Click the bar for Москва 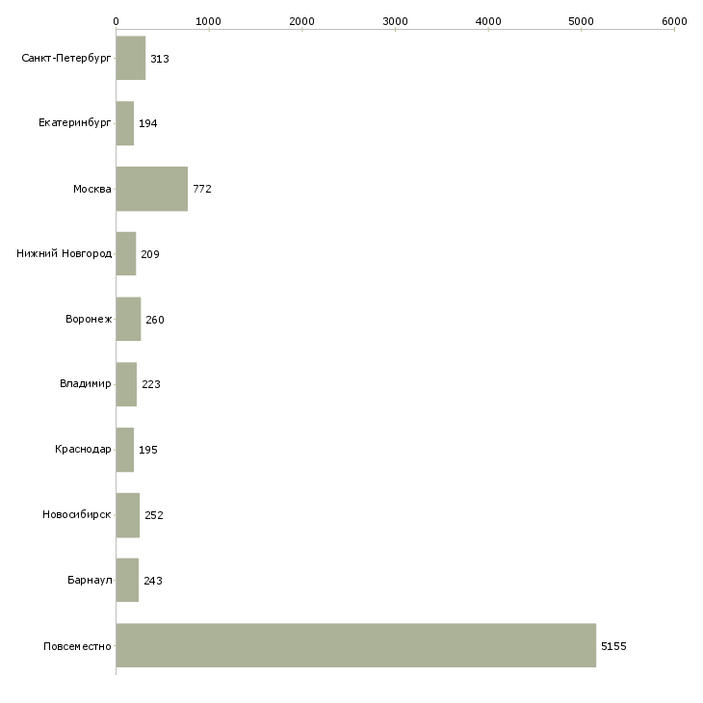tap(152, 189)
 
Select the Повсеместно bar tap(356, 645)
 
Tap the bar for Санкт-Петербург tap(131, 58)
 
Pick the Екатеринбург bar tap(125, 123)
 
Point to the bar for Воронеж tap(129, 319)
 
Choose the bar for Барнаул tap(127, 580)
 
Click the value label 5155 tap(613, 646)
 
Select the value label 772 tap(202, 189)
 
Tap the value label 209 tap(150, 254)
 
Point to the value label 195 tap(148, 450)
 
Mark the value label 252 tap(154, 515)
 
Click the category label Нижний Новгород tap(65, 254)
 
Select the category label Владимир tap(85, 384)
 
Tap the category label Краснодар tap(83, 449)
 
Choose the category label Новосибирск tap(77, 514)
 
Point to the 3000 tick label tap(395, 21)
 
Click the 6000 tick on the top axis tap(674, 30)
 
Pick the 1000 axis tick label tap(208, 21)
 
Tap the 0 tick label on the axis tap(117, 21)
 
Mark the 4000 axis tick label tap(488, 21)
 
